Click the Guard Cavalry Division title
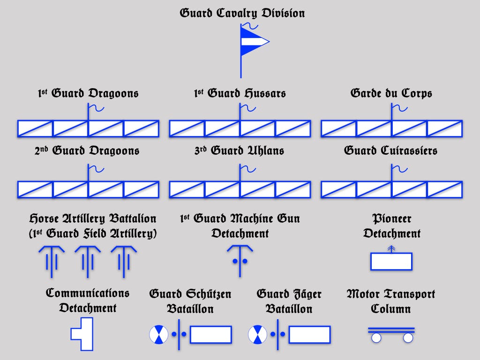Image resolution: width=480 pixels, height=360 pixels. pyautogui.click(x=242, y=13)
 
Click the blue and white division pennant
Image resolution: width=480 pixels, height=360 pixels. pyautogui.click(x=253, y=42)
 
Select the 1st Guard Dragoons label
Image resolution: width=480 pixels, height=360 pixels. pyautogui.click(x=88, y=93)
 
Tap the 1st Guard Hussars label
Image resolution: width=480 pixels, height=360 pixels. pyautogui.click(x=240, y=93)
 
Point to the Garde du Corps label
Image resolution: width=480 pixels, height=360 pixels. pyautogui.click(x=391, y=93)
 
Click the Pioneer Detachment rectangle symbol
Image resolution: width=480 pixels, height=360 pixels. pyautogui.click(x=391, y=261)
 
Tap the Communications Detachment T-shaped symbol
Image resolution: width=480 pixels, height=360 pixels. pyautogui.click(x=83, y=334)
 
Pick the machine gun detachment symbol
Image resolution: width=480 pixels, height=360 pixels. pyautogui.click(x=240, y=258)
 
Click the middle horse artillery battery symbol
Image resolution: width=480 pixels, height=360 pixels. pyautogui.click(x=88, y=260)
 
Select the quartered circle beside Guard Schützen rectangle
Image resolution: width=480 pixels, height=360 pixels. pyautogui.click(x=158, y=334)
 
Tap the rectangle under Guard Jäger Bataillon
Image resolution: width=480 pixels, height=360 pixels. pyautogui.click(x=309, y=334)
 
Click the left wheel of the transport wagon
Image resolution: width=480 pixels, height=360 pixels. pyautogui.click(x=376, y=337)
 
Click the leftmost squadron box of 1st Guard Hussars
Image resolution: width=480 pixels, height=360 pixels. pyautogui.click(x=187, y=128)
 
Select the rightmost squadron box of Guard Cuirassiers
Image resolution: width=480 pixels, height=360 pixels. pyautogui.click(x=444, y=189)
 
